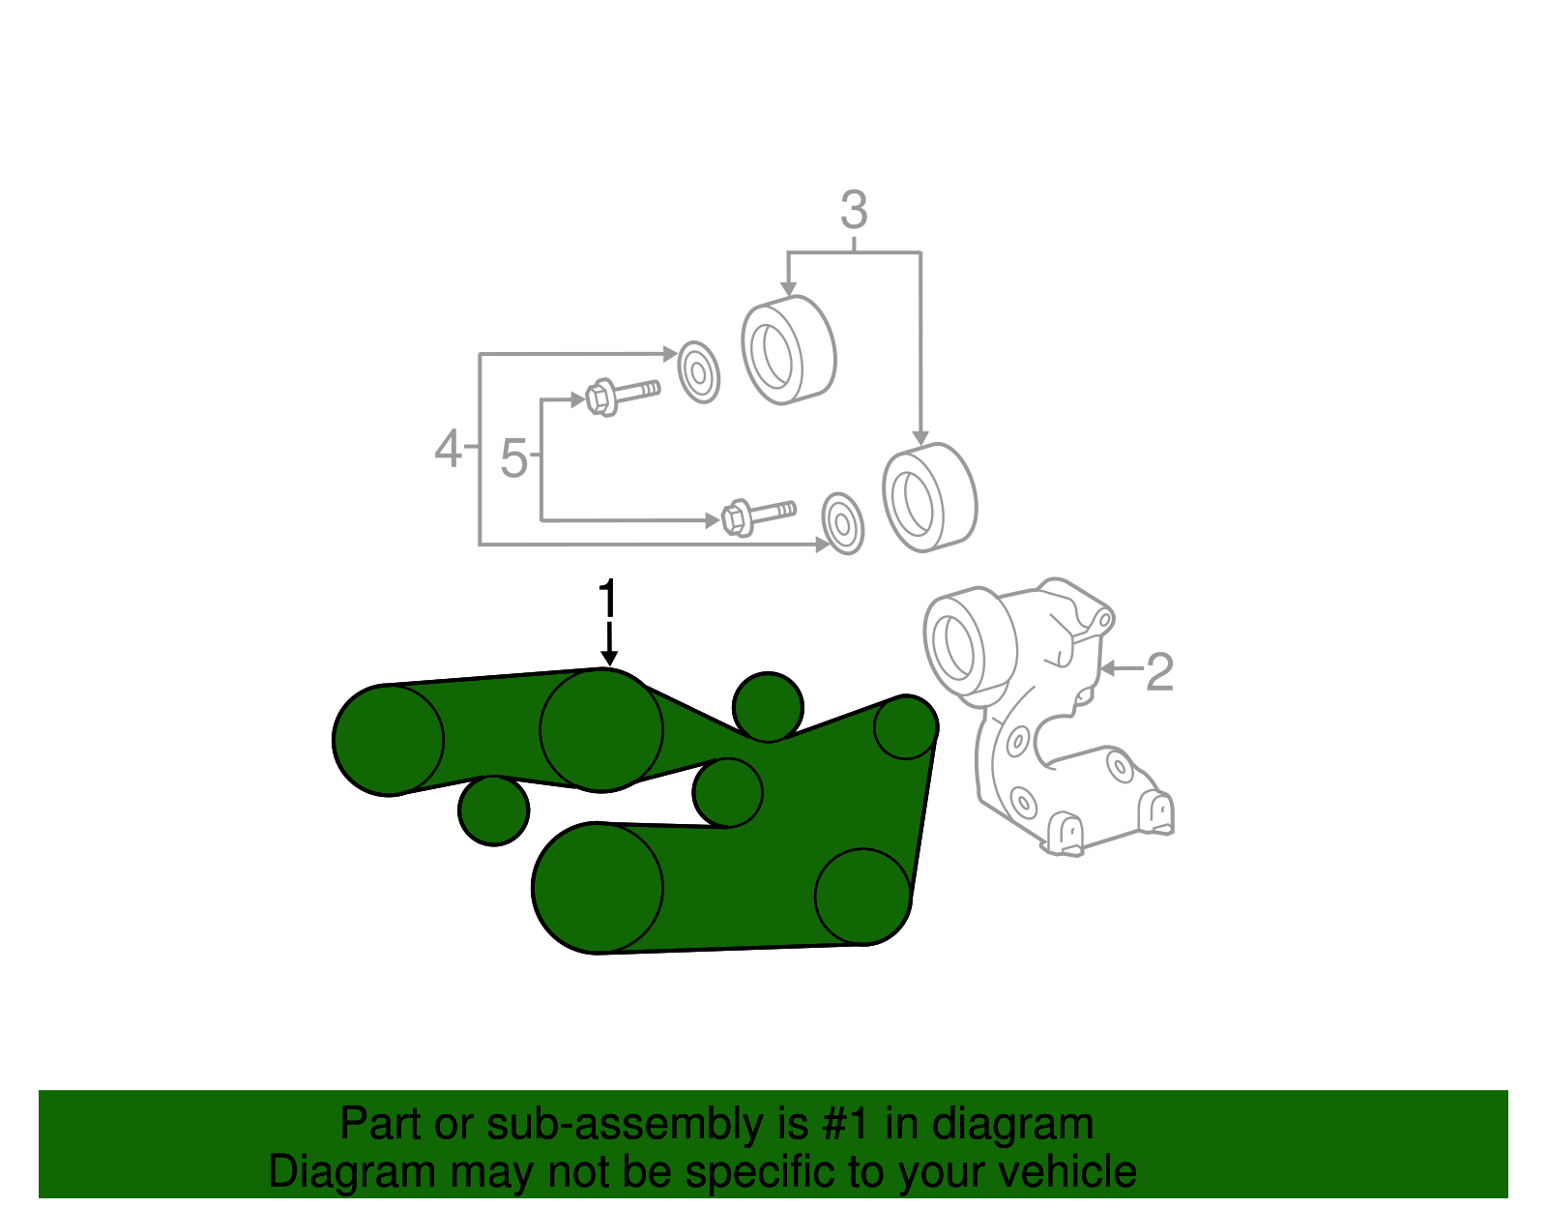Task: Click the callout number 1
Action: tap(607, 599)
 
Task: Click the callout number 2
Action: tap(1159, 671)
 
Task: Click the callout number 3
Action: tap(854, 211)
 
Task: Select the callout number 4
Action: tap(448, 449)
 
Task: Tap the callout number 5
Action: tap(513, 457)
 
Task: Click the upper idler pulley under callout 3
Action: tap(788, 349)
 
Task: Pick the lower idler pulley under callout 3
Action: tap(929, 497)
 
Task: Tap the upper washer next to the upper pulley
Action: tap(698, 371)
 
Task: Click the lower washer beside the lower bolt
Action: tap(842, 523)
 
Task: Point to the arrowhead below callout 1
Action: tap(608, 658)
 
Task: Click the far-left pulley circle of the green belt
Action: tap(388, 740)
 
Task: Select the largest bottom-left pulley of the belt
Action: tap(598, 888)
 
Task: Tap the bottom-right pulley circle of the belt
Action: tap(862, 896)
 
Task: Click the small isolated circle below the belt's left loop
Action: tap(493, 810)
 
